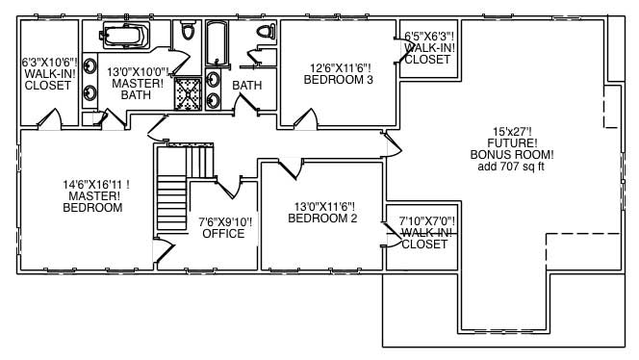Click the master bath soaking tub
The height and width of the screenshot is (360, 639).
pos(125,37)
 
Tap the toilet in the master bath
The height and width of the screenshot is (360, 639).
pos(189,31)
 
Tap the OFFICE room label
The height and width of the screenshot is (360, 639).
pos(223,234)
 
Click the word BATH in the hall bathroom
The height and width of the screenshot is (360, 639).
pos(246,86)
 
